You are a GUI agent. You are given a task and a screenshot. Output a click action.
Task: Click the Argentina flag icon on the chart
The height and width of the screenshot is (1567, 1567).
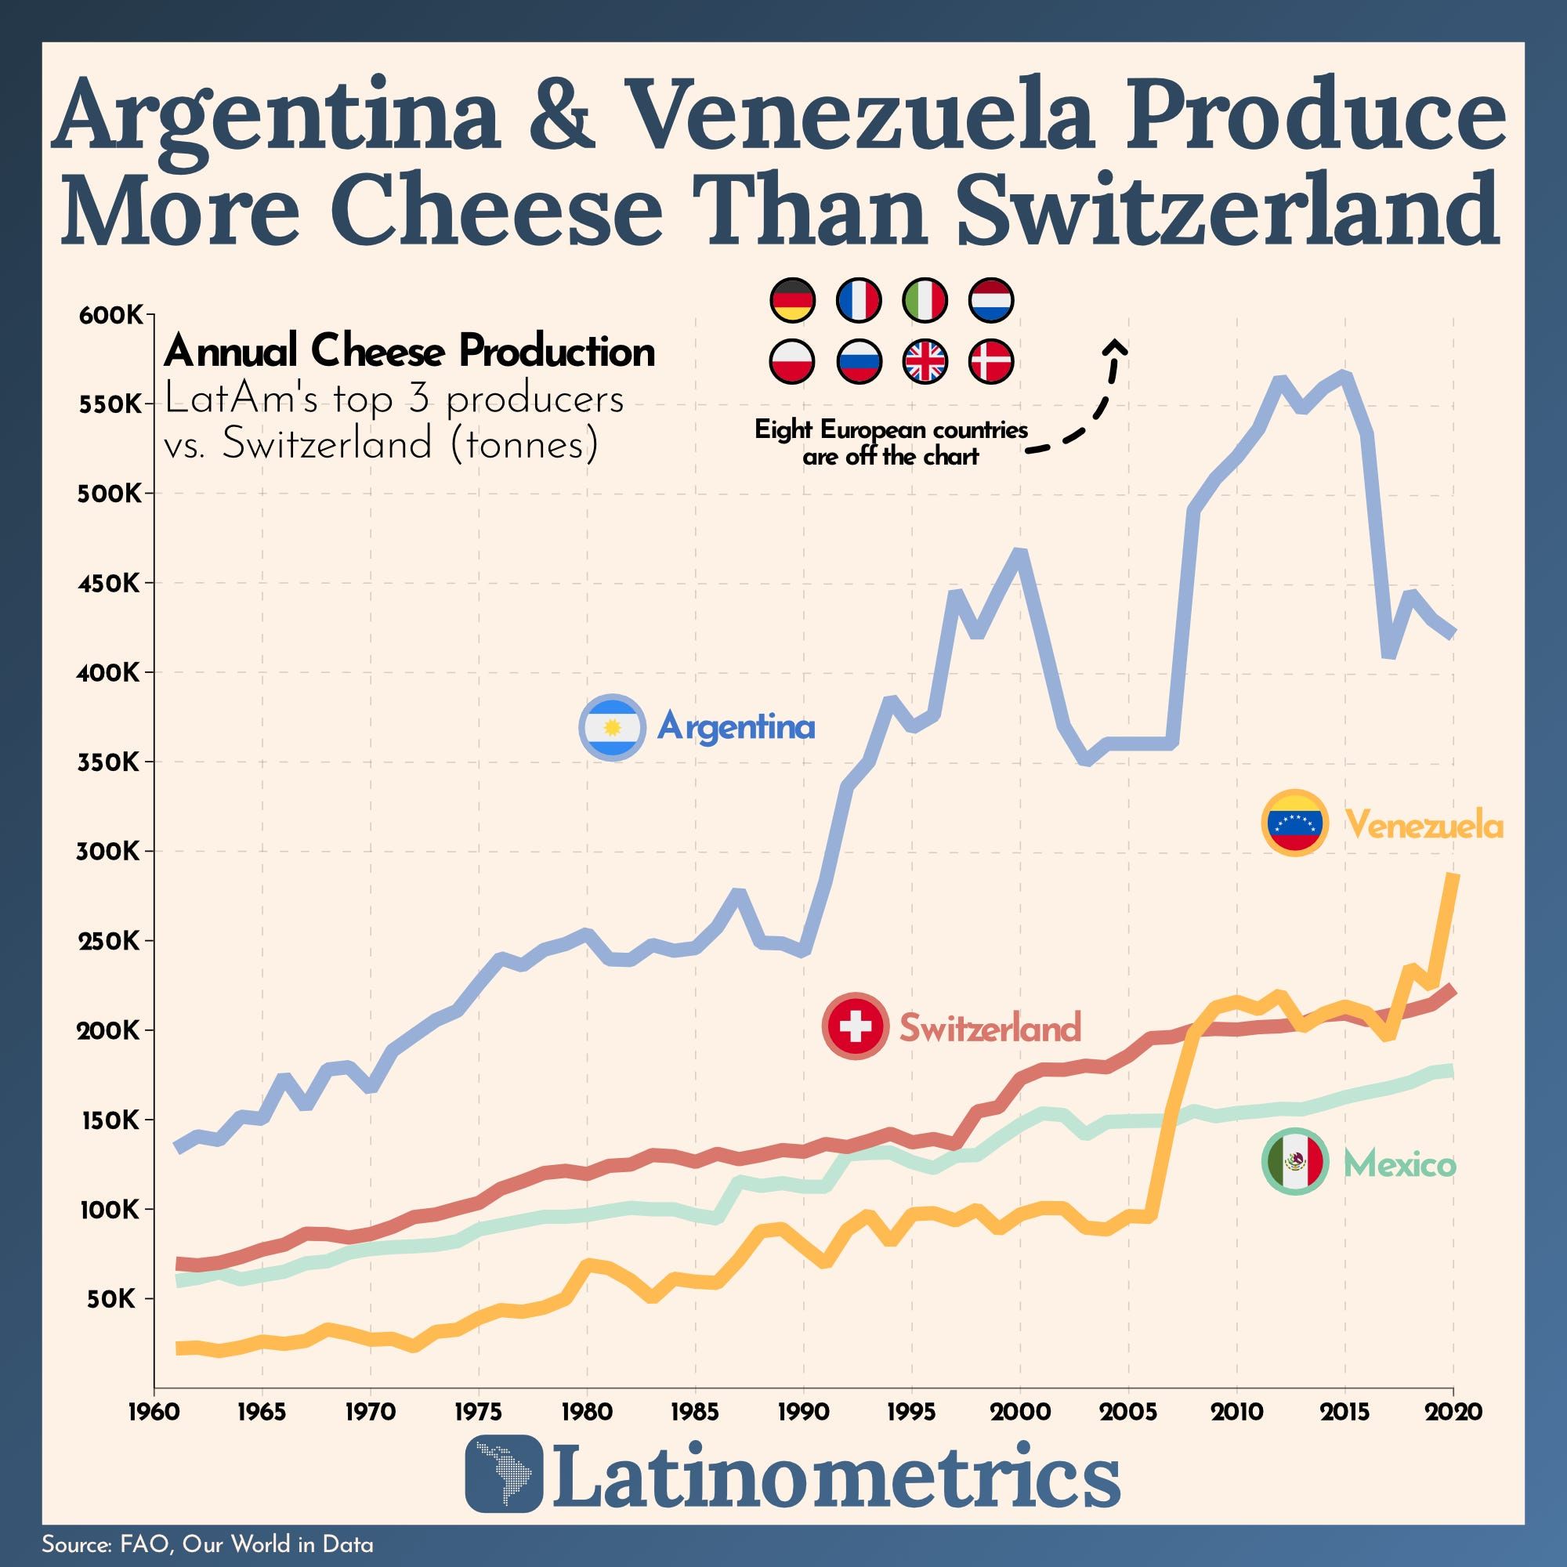coord(613,727)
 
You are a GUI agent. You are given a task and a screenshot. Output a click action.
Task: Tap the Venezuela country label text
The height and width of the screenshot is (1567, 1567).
coord(1424,826)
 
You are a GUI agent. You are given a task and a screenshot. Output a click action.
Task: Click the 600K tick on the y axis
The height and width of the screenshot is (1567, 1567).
coord(111,315)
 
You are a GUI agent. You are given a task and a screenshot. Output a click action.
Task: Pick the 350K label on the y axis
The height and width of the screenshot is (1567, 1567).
coord(111,762)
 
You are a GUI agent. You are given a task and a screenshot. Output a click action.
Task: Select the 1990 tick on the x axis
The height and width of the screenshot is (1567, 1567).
coord(803,1412)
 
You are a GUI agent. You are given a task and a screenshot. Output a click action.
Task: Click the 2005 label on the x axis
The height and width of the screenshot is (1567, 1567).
coord(1128,1412)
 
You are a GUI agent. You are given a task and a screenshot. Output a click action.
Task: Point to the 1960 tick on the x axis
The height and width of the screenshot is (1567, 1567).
coord(154,1412)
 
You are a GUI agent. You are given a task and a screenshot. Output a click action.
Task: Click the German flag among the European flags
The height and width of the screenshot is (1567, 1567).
coord(791,300)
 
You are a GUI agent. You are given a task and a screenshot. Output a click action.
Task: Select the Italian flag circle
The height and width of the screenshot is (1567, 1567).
coord(925,300)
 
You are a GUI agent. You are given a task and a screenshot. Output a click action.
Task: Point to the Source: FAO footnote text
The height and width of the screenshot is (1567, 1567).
coord(207,1543)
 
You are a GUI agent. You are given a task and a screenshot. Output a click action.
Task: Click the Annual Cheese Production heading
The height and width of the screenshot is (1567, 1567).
coord(409,351)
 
